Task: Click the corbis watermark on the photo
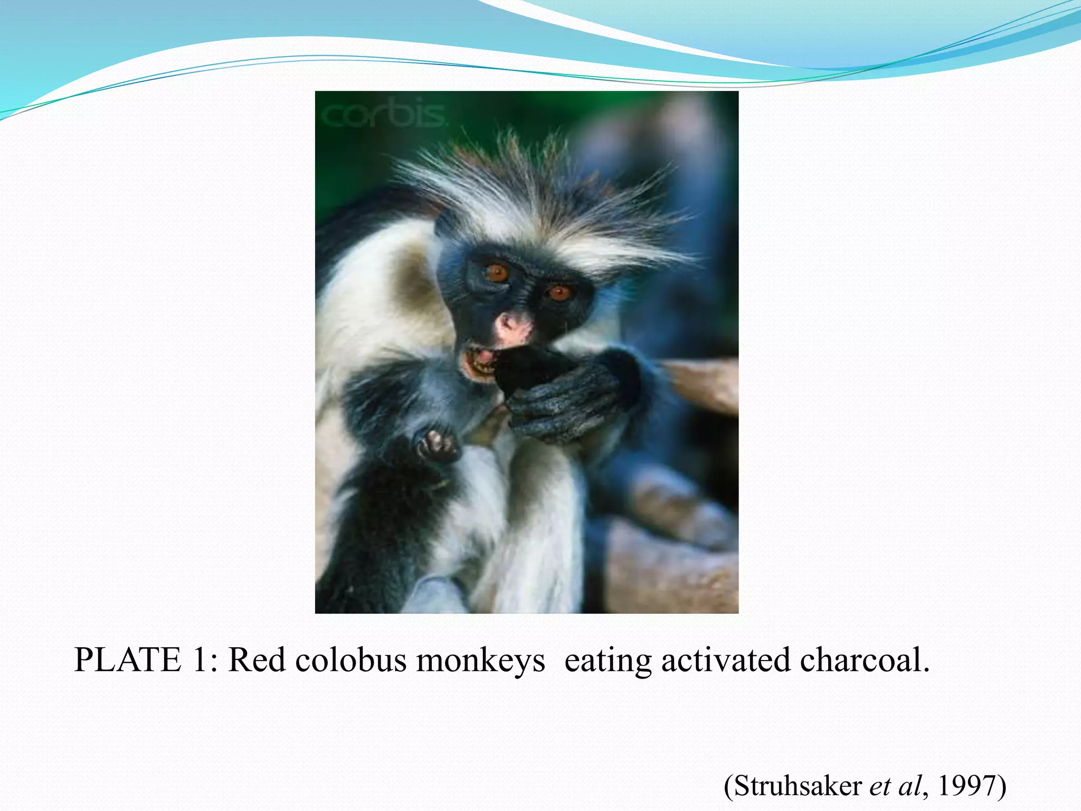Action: click(384, 115)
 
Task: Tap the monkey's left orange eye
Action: click(497, 273)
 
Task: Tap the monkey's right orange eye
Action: click(560, 291)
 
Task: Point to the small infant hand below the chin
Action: click(437, 445)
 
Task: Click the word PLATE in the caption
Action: click(127, 661)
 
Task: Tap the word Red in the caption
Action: click(256, 661)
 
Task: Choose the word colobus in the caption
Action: click(350, 661)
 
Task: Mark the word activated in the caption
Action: click(726, 661)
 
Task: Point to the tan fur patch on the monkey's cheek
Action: click(417, 285)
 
